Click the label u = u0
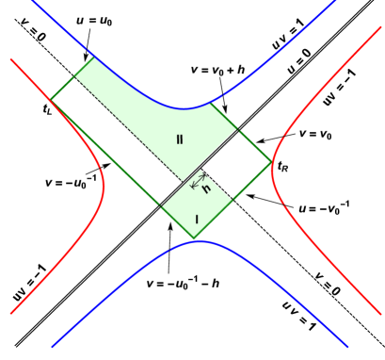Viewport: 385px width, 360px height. tap(95, 21)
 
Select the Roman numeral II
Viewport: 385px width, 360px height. tap(179, 139)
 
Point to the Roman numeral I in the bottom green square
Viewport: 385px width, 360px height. tap(197, 220)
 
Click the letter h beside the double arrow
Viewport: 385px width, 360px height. tap(206, 188)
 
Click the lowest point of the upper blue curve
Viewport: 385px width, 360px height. tap(188, 108)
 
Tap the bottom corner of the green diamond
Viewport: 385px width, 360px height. tap(195, 239)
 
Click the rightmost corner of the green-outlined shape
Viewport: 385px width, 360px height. tap(271, 163)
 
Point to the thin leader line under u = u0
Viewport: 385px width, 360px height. tap(88, 43)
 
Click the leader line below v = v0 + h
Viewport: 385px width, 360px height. tap(221, 88)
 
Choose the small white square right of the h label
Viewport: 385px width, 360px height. tap(235, 162)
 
